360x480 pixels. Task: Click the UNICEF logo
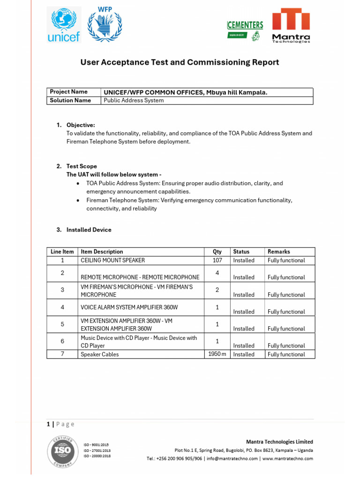pyautogui.click(x=64, y=24)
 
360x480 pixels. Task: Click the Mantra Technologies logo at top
pyautogui.click(x=291, y=25)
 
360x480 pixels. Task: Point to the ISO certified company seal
pyautogui.click(x=63, y=451)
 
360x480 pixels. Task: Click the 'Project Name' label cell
pyautogui.click(x=69, y=92)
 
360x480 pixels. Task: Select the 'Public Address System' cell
pyautogui.click(x=134, y=100)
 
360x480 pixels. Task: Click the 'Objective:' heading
pyautogui.click(x=81, y=125)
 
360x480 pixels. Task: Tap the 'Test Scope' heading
pyautogui.click(x=82, y=166)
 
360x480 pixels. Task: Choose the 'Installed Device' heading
pyautogui.click(x=89, y=230)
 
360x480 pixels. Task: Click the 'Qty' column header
pyautogui.click(x=217, y=252)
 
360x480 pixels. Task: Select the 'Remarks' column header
pyautogui.click(x=278, y=252)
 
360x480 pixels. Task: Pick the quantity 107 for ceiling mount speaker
pyautogui.click(x=217, y=260)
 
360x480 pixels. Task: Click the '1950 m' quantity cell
pyautogui.click(x=217, y=354)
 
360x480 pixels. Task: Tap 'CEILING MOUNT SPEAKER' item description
pyautogui.click(x=113, y=260)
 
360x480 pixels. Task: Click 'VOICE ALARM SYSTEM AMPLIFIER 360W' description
pyautogui.click(x=129, y=307)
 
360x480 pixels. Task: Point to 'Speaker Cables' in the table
pyautogui.click(x=100, y=354)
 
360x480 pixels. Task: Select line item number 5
pyautogui.click(x=62, y=324)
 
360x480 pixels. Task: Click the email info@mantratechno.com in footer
pyautogui.click(x=232, y=458)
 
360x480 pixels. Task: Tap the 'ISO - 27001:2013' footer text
pyautogui.click(x=97, y=450)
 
